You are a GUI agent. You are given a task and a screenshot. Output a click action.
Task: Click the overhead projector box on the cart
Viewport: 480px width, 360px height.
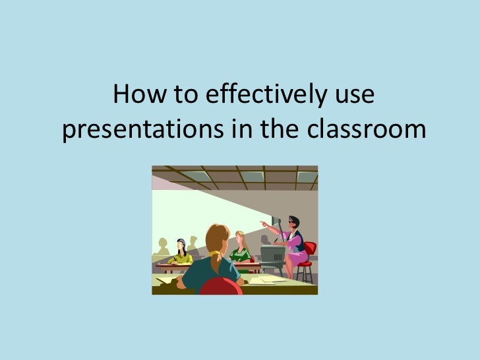(x=272, y=254)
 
